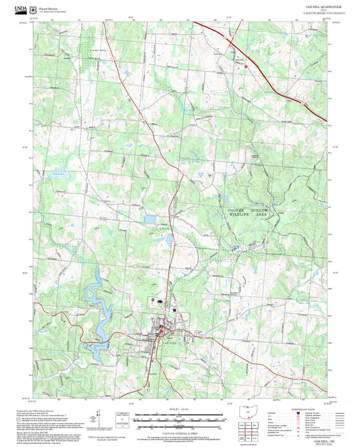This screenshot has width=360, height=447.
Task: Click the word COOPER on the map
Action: (x=234, y=211)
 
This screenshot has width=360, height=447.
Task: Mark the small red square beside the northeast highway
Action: (x=247, y=66)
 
